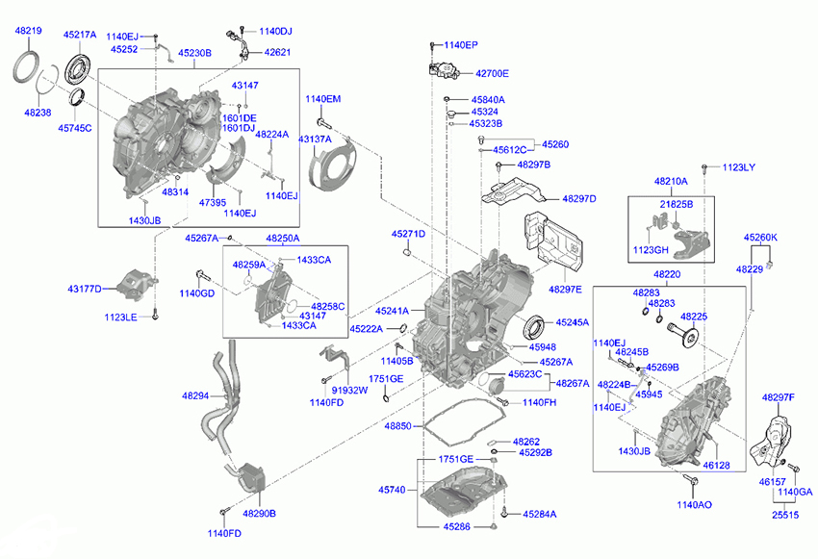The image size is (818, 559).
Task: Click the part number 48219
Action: tap(28, 32)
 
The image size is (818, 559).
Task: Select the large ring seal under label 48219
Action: tap(31, 71)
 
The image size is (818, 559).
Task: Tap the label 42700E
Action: tap(491, 73)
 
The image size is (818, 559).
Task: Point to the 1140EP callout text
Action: tap(461, 45)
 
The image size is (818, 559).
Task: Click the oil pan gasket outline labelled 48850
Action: tap(461, 423)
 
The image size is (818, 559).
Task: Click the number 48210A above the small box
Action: tap(672, 180)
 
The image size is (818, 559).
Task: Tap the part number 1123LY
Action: tap(739, 167)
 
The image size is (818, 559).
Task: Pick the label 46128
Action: tap(716, 465)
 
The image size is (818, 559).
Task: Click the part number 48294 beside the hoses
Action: tap(194, 395)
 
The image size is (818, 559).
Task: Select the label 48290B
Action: tap(259, 514)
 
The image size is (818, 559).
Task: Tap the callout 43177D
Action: tap(85, 289)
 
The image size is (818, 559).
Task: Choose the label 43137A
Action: tap(314, 140)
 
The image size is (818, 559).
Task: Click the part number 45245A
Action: tap(572, 322)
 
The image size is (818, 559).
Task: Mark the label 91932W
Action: tap(350, 391)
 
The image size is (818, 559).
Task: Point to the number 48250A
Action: tap(282, 238)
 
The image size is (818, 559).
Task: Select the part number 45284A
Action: tap(539, 514)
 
